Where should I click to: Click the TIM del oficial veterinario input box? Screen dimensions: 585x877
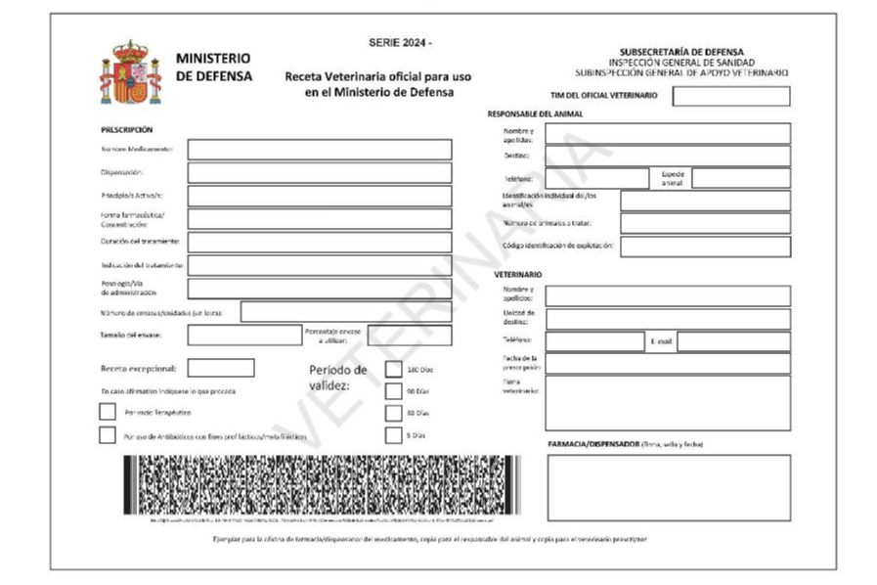[x=730, y=96]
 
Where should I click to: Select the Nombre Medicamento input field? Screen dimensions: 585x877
[x=319, y=150]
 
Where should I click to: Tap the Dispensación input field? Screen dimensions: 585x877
[x=319, y=172]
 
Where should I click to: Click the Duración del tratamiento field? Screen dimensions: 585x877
[x=319, y=242]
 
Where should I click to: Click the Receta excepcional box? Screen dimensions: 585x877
[x=221, y=368]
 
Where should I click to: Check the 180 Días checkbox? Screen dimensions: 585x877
[x=393, y=369]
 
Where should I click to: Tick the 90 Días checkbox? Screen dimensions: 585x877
[x=393, y=391]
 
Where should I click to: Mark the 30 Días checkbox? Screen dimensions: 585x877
[x=393, y=413]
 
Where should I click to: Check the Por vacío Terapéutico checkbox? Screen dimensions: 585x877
[x=108, y=412]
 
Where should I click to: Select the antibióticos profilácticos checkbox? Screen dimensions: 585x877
[x=108, y=435]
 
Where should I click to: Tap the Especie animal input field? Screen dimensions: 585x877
[x=740, y=178]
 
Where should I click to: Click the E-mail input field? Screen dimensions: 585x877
[x=733, y=341]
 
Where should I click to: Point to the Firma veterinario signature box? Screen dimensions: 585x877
[x=668, y=402]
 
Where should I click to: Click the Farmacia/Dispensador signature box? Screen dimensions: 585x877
[x=668, y=487]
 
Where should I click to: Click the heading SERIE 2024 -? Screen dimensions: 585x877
[x=399, y=44]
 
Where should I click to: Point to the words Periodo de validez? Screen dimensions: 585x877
[x=338, y=378]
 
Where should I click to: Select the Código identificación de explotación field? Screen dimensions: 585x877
[x=704, y=247]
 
